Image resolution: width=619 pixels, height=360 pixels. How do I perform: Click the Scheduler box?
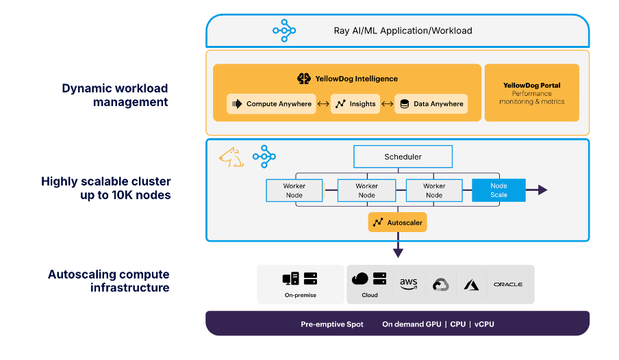point(403,157)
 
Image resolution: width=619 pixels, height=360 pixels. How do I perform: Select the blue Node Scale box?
point(498,190)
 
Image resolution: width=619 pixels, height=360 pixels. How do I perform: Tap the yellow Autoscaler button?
point(397,222)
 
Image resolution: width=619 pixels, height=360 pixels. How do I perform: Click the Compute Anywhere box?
point(272,104)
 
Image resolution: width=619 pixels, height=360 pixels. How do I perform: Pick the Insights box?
point(356,104)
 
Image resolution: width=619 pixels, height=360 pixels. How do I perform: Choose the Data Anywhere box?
point(432,104)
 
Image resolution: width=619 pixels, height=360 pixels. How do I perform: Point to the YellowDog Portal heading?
point(531,86)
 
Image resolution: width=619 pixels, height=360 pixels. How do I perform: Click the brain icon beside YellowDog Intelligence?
point(304,79)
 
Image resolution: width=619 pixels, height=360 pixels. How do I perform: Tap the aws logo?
point(408,284)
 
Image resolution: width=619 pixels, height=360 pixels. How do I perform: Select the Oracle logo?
point(507,284)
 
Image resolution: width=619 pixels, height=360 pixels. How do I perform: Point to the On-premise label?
point(300,296)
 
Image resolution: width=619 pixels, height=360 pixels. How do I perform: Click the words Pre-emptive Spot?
point(332,324)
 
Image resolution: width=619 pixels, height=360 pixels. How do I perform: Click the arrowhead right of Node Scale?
point(542,190)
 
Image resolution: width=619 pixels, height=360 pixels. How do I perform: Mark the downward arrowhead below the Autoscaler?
point(398,253)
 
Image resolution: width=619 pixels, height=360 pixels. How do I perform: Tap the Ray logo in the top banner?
point(283,30)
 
